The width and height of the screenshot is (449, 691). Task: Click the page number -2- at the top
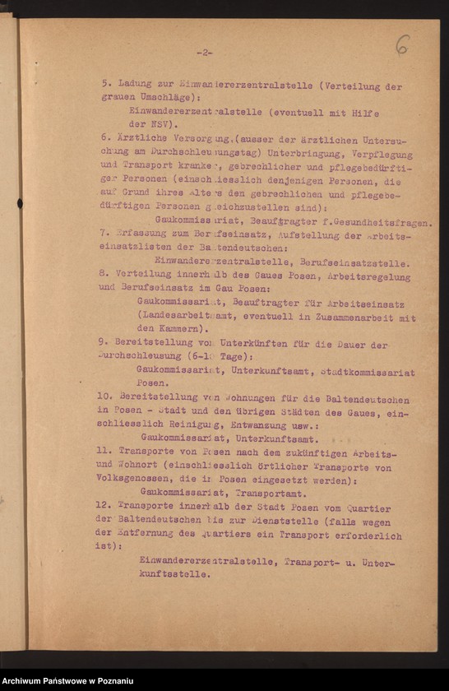(205, 52)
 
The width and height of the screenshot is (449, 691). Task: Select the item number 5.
(105, 85)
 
